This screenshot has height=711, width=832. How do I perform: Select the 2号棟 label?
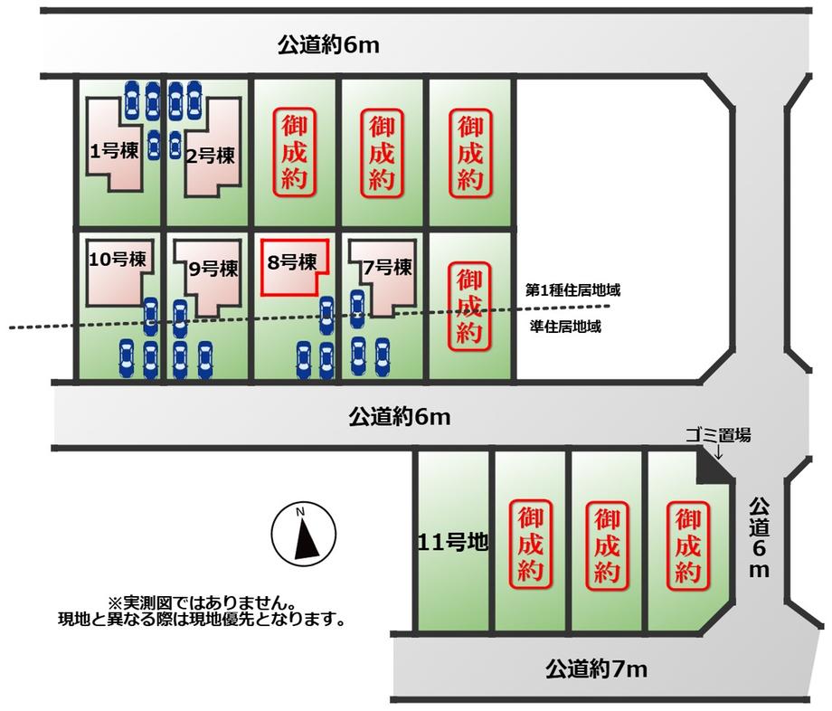tap(210, 156)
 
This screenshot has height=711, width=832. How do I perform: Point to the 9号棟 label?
tap(214, 269)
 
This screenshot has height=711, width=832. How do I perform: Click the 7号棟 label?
tap(387, 268)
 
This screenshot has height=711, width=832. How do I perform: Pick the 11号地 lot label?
tap(453, 543)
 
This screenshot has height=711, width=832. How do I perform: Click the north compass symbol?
tap(304, 535)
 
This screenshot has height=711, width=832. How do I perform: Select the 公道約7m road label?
tap(597, 670)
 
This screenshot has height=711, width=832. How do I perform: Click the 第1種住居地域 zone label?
tap(577, 291)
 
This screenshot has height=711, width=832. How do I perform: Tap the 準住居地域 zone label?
tap(566, 327)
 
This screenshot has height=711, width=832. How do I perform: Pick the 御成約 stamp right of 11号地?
tap(531, 545)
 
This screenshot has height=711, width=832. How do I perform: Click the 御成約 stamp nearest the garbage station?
tap(688, 545)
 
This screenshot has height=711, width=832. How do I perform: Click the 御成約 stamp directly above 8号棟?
tap(294, 151)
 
